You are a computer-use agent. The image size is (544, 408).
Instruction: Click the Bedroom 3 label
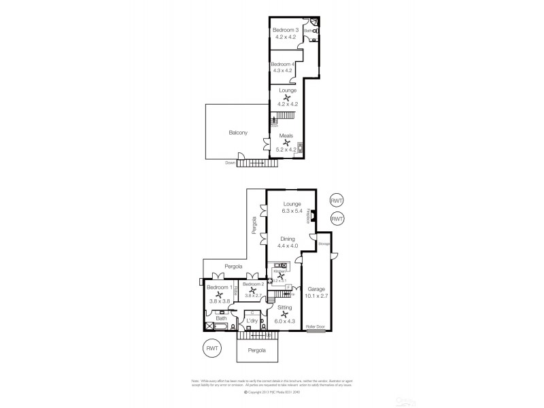click(286, 30)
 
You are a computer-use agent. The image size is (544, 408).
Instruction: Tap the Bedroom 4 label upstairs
click(282, 64)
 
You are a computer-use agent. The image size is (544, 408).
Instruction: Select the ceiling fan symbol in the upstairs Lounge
click(286, 97)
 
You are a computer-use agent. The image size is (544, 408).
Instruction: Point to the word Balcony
click(238, 133)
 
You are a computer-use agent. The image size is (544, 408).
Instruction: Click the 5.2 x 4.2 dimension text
click(286, 150)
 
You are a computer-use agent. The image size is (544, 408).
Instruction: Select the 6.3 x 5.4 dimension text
click(292, 211)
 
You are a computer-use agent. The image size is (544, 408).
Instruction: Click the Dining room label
click(288, 239)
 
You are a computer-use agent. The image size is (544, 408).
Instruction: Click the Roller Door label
click(316, 327)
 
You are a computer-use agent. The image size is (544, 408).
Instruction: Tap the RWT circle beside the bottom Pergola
click(214, 349)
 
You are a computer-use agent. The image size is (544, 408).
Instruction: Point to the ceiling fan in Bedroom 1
click(219, 294)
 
